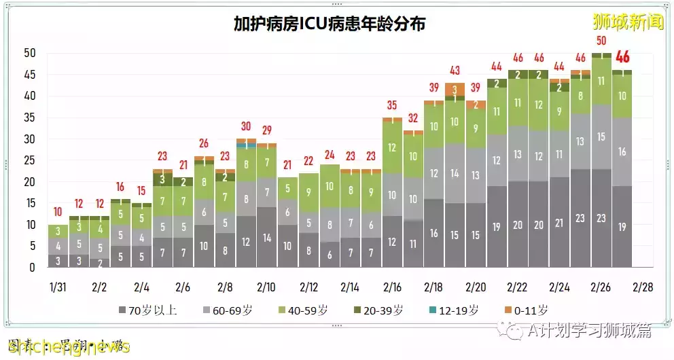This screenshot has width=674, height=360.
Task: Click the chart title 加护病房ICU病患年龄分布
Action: pos(330,24)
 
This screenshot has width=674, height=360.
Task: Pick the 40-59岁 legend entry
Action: pos(302,310)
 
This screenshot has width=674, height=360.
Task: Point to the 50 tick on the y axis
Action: pos(29,53)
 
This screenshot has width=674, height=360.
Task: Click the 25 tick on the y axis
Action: pos(29,160)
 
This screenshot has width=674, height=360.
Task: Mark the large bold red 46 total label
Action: pos(622,57)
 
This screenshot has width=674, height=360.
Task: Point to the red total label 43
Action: pos(455,71)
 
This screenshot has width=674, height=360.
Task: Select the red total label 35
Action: pos(391,105)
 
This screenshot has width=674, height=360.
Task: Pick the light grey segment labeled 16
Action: pos(622,152)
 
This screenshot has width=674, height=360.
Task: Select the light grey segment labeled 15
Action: pos(601,137)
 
